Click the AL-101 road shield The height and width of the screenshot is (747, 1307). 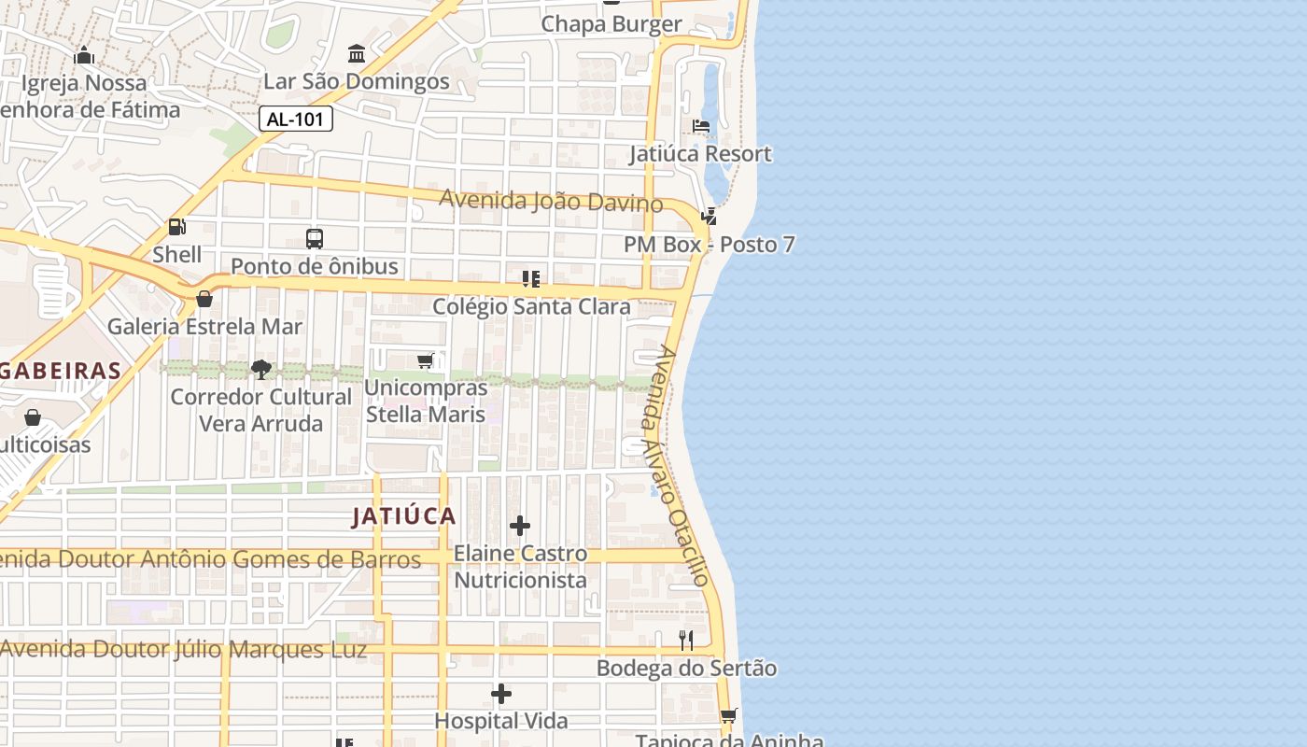point(295,119)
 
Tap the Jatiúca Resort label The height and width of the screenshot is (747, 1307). point(700,153)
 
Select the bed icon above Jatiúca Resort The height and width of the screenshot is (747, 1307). point(701,126)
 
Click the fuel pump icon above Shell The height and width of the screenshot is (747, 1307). point(176,226)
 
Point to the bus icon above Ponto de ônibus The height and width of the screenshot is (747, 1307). point(315,238)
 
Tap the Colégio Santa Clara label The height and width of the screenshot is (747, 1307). point(531,306)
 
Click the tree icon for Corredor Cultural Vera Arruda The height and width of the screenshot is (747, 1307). point(261,369)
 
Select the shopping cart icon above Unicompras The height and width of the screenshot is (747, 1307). point(426,360)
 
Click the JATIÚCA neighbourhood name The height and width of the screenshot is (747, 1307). point(404,516)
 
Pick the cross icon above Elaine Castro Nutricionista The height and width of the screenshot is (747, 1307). point(520,526)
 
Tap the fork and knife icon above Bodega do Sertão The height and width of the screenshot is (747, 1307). point(686,641)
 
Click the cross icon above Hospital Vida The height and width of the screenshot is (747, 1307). point(501,694)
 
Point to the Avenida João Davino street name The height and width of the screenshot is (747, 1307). point(551,201)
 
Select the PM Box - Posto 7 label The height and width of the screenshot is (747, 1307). point(710,245)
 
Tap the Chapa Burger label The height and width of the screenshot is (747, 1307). point(611,24)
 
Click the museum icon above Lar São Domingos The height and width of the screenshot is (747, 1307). point(357,54)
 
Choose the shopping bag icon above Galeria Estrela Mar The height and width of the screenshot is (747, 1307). point(204,299)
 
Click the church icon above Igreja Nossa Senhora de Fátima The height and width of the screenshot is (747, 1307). point(85,55)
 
